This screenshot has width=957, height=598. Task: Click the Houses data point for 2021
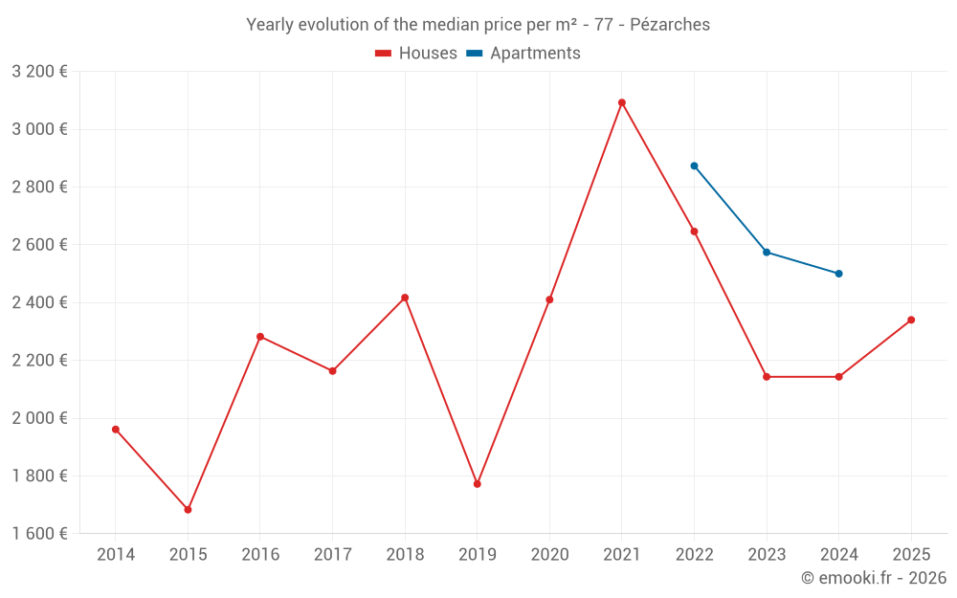click(622, 102)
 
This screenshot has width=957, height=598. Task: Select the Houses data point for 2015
click(188, 510)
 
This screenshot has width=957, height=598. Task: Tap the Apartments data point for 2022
click(694, 166)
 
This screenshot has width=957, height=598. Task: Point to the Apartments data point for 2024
click(838, 274)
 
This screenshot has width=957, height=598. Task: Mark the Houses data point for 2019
click(477, 484)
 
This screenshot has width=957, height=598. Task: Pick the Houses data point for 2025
click(911, 320)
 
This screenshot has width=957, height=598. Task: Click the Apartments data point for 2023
click(767, 252)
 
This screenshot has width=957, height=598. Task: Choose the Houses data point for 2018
click(405, 298)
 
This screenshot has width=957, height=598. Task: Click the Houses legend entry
click(416, 54)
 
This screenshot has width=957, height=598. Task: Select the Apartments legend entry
click(523, 54)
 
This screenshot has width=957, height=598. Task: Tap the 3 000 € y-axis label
click(39, 129)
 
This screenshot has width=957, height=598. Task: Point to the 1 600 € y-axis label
click(39, 534)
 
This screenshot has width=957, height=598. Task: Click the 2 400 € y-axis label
click(39, 302)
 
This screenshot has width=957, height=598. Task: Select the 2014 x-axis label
click(116, 555)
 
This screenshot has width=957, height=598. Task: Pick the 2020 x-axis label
click(549, 555)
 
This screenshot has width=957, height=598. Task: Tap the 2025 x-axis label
click(911, 555)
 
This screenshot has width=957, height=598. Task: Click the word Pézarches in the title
click(670, 25)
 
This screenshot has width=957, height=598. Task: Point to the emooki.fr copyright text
click(873, 578)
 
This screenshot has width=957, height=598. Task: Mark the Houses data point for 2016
click(260, 337)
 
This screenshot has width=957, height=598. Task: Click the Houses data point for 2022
click(694, 232)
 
